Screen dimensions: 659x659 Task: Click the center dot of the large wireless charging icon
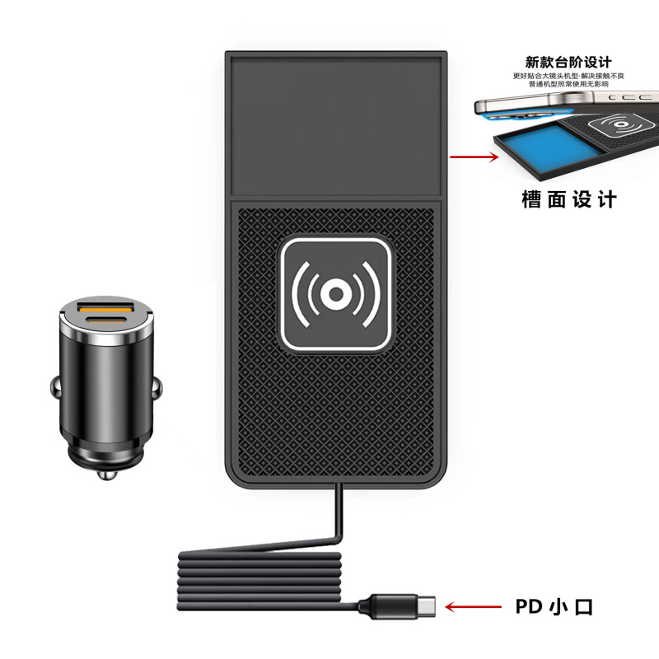(335, 293)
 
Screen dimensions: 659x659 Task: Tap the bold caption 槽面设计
(569, 199)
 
